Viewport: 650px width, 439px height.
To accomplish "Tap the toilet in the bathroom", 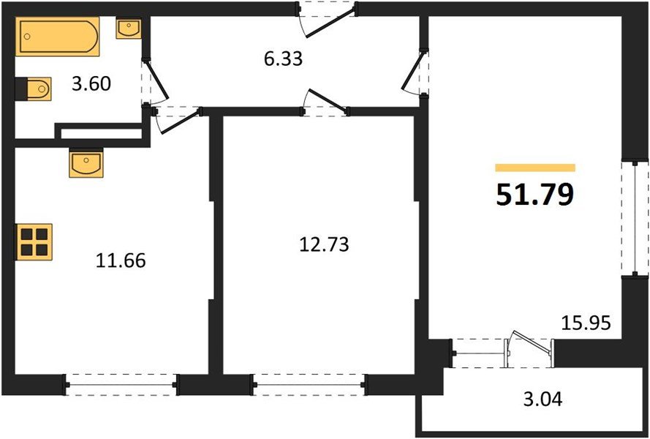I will click(x=33, y=89).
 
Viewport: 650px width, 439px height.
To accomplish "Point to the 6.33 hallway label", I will click(x=283, y=58).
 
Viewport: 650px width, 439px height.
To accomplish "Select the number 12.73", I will click(x=324, y=244).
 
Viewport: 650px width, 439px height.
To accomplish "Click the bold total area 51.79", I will click(x=534, y=195).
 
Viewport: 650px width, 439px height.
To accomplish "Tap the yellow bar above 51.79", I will click(x=535, y=168).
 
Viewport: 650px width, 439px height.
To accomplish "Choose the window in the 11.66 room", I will click(x=121, y=383).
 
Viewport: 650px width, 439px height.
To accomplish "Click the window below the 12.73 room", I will click(x=308, y=383).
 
